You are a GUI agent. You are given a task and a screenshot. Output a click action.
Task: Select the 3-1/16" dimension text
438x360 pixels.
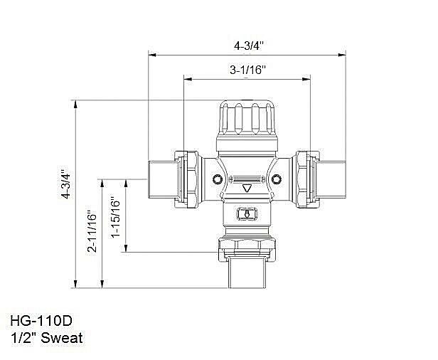tap(247, 70)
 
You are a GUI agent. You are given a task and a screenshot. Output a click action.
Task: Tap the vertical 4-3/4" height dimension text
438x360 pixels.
tap(65, 184)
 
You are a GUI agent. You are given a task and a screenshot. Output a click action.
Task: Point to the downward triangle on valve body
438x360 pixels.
tap(247, 189)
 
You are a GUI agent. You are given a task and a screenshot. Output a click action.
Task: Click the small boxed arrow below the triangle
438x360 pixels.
tap(247, 213)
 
